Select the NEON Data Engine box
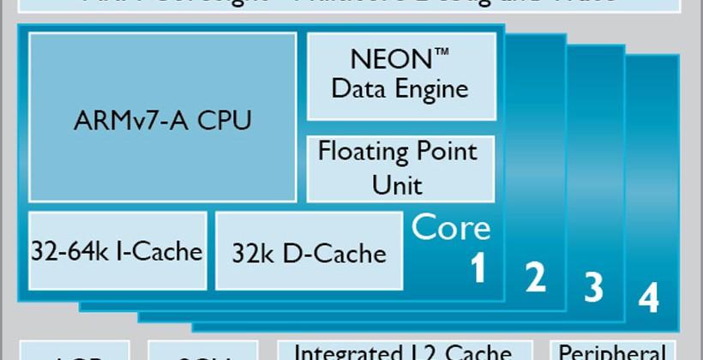point(400,76)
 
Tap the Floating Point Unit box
point(400,168)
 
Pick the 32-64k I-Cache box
point(117,250)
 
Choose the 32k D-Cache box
point(309,251)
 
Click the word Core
point(451,228)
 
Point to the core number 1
point(478,268)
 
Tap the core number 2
point(535,277)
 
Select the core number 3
point(593,287)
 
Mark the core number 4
point(649,298)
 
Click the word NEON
point(389,60)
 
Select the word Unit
point(398,184)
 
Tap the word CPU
point(225,120)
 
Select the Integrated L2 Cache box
point(402,351)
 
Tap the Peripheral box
point(612,351)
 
